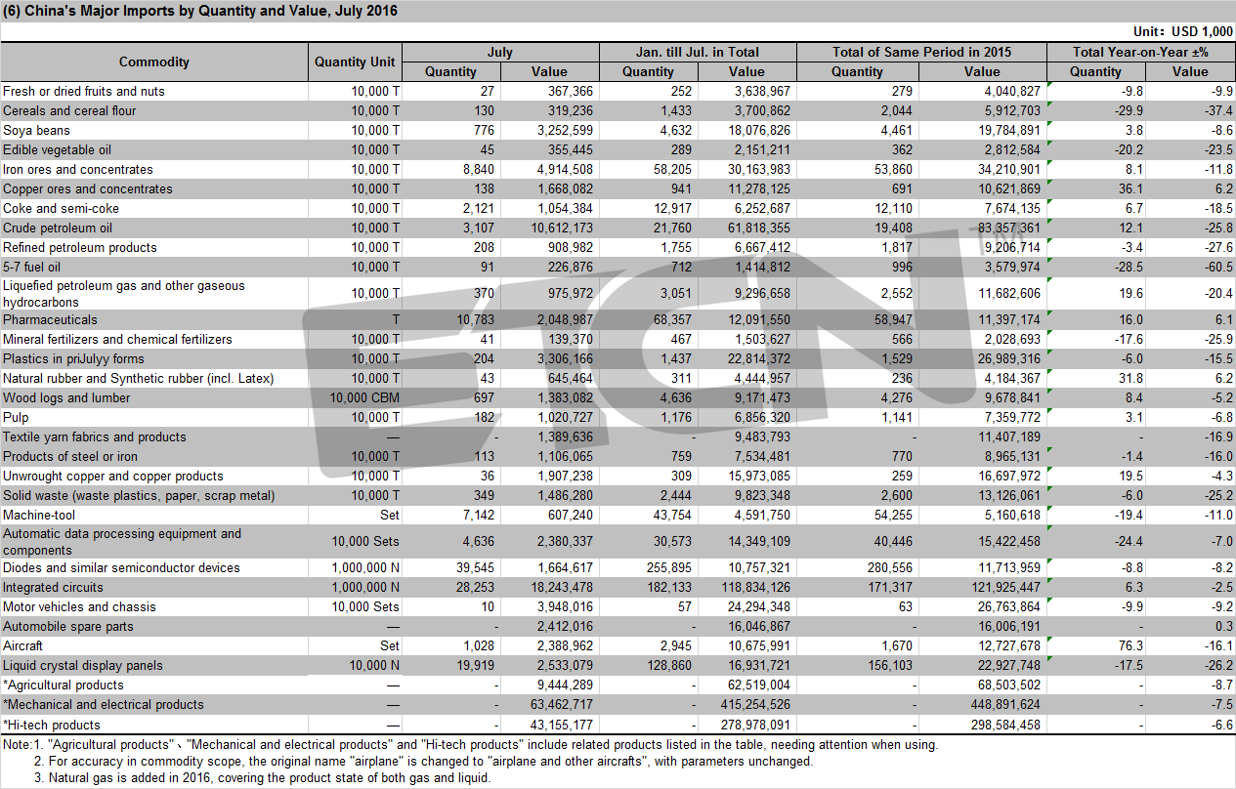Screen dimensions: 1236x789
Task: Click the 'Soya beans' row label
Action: [36, 131]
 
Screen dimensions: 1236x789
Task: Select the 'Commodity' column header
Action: [154, 62]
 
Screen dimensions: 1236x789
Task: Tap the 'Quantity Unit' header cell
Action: [355, 62]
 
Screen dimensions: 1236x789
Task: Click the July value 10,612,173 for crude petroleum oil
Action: [562, 228]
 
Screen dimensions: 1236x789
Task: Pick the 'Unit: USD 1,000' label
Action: [1182, 31]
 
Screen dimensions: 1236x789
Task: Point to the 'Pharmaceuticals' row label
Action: [50, 319]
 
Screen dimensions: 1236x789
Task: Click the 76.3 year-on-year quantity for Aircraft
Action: [1130, 645]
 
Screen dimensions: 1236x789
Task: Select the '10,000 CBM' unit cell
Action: [364, 398]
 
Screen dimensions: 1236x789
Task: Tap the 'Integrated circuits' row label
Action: [53, 587]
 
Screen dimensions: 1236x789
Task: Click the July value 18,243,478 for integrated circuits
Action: [562, 587]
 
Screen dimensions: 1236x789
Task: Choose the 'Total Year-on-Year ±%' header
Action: [1140, 52]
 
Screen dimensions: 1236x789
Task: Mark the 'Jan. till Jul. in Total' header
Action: [698, 52]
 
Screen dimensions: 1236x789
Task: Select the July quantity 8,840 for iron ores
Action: [479, 170]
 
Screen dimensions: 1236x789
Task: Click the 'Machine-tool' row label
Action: [39, 515]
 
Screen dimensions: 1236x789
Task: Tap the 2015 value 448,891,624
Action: [1005, 705]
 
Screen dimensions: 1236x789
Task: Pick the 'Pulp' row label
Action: [16, 418]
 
